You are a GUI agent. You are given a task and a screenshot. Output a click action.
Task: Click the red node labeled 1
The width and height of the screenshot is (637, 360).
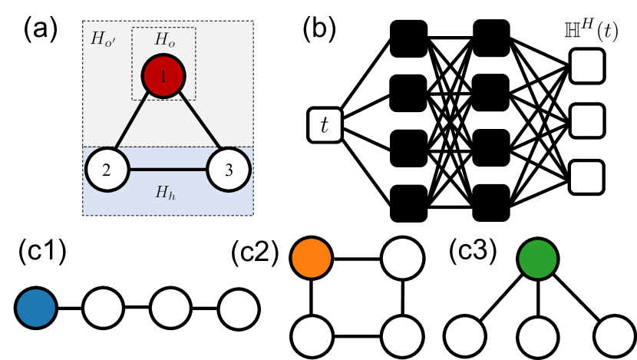click(x=163, y=76)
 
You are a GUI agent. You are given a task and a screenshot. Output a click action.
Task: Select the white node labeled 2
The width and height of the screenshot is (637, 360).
click(x=107, y=170)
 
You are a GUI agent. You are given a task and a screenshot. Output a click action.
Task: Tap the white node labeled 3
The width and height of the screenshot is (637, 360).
click(x=228, y=170)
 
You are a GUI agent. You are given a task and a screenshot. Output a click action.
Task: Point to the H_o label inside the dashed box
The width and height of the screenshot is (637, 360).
click(x=163, y=39)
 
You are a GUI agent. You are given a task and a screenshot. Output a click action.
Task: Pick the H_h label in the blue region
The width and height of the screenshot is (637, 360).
click(x=164, y=193)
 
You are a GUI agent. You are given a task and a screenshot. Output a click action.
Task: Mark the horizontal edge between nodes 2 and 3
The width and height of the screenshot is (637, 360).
click(x=167, y=170)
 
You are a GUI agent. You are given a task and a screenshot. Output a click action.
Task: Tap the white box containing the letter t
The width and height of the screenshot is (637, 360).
click(x=325, y=125)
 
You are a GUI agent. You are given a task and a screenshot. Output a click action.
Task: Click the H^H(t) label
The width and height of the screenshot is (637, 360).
click(x=590, y=32)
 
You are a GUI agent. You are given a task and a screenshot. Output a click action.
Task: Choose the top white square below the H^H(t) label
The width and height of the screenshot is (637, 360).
click(x=587, y=66)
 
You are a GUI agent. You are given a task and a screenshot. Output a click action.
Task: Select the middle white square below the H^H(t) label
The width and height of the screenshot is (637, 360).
click(x=587, y=121)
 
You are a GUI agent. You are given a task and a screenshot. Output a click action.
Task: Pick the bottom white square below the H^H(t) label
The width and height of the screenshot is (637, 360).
click(x=586, y=177)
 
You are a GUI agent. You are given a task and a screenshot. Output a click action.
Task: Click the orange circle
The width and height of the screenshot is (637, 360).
click(x=312, y=258)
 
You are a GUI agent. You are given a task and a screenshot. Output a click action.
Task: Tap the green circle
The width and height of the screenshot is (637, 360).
click(x=537, y=259)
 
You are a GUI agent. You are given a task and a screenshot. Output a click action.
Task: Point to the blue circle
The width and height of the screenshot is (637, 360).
click(x=36, y=308)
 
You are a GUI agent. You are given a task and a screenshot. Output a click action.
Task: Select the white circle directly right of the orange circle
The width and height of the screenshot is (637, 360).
click(x=402, y=258)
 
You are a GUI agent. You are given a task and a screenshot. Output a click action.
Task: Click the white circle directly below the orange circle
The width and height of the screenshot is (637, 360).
click(x=312, y=336)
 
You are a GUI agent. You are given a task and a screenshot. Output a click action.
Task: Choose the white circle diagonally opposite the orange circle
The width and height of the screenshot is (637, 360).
click(x=402, y=336)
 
